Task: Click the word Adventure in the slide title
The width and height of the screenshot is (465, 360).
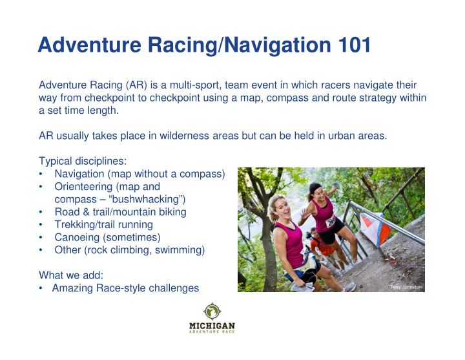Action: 89,45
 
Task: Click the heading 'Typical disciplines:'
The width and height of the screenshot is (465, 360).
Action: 83,161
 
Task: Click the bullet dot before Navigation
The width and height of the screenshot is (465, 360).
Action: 41,174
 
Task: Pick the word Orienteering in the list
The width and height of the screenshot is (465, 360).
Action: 83,187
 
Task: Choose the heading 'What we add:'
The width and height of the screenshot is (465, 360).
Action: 71,275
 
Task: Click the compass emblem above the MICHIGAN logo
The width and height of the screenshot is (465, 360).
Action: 212,312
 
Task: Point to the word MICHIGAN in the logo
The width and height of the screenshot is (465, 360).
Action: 212,326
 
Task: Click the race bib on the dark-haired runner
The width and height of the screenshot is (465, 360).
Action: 331,222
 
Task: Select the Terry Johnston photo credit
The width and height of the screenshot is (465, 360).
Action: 406,287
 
